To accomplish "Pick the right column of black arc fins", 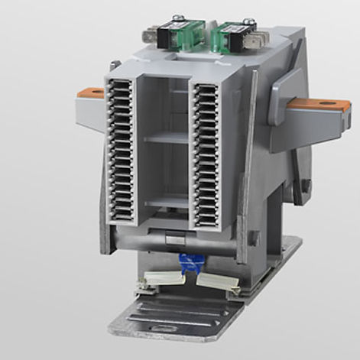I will coord(206,153).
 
